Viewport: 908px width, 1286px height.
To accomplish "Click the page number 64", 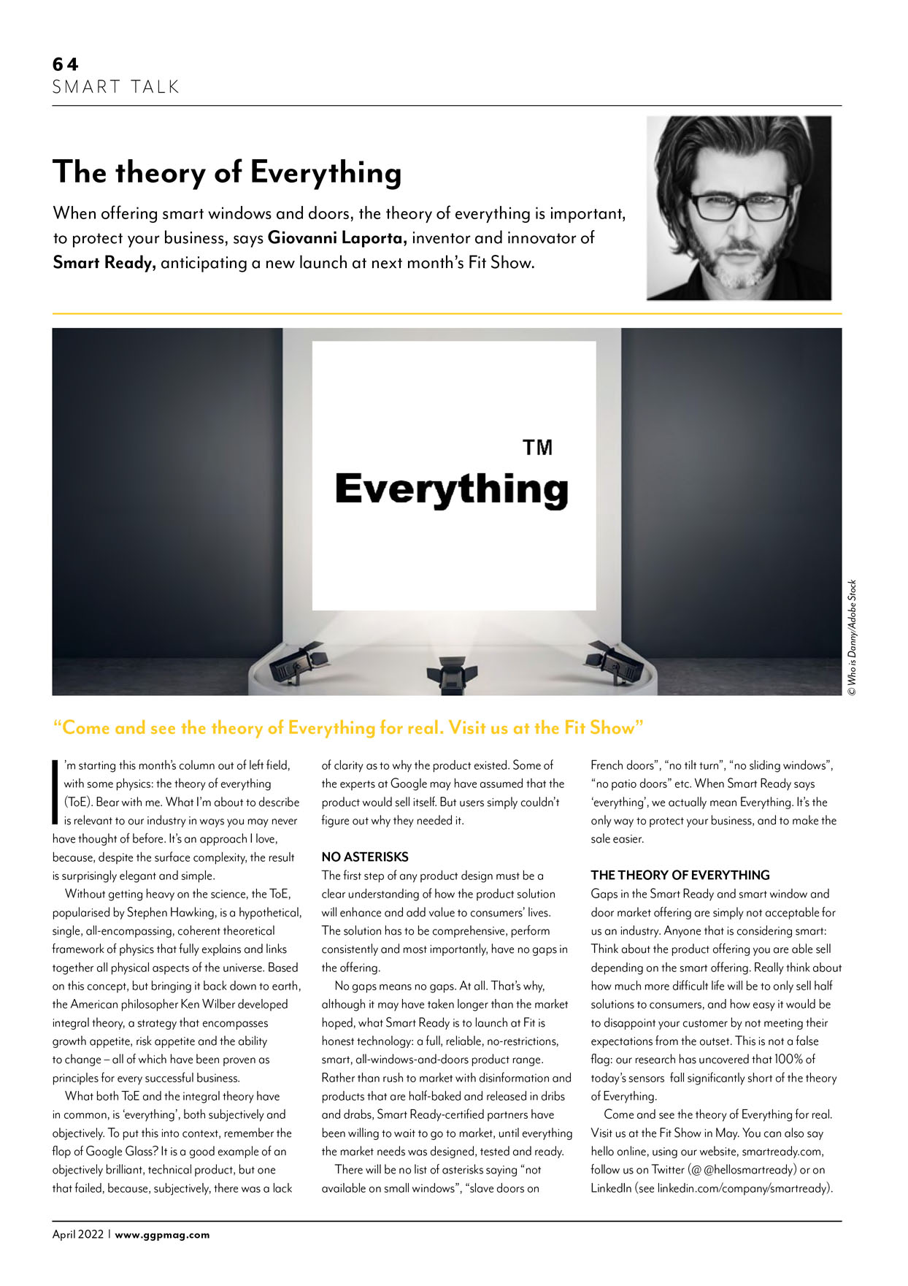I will tap(65, 64).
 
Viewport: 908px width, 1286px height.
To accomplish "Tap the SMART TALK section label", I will tap(115, 87).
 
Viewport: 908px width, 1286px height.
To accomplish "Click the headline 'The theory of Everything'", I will tap(227, 172).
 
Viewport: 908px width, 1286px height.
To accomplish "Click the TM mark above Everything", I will tap(537, 447).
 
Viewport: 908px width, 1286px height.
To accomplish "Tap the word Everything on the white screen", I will tap(451, 489).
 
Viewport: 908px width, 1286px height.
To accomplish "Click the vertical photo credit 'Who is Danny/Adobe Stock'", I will tap(852, 637).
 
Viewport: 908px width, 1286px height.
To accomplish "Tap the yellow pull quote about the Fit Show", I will tap(348, 728).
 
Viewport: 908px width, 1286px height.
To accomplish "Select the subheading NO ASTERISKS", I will tap(365, 857).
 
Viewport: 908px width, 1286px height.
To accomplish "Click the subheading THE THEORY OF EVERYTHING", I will tap(680, 875).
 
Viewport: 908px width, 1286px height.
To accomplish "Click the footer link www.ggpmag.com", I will tap(162, 1235).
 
